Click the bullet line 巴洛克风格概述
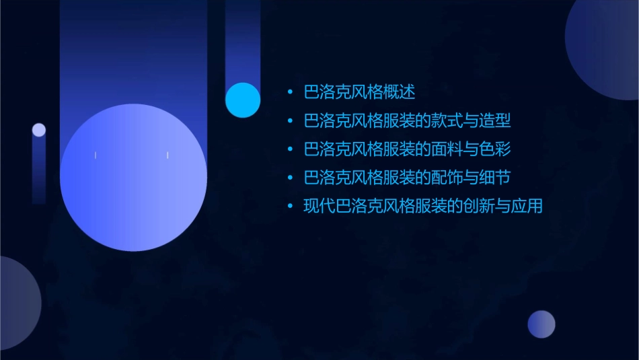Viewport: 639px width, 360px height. pyautogui.click(x=360, y=92)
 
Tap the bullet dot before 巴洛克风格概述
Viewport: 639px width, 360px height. pyautogui.click(x=290, y=92)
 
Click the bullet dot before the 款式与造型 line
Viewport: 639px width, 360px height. pyautogui.click(x=290, y=122)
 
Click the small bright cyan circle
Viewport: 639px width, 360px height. pyautogui.click(x=243, y=100)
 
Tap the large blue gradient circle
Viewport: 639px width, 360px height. pyautogui.click(x=133, y=177)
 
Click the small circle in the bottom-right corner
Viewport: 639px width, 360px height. pyautogui.click(x=541, y=324)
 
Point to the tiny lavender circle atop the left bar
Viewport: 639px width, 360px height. pyautogui.click(x=39, y=130)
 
